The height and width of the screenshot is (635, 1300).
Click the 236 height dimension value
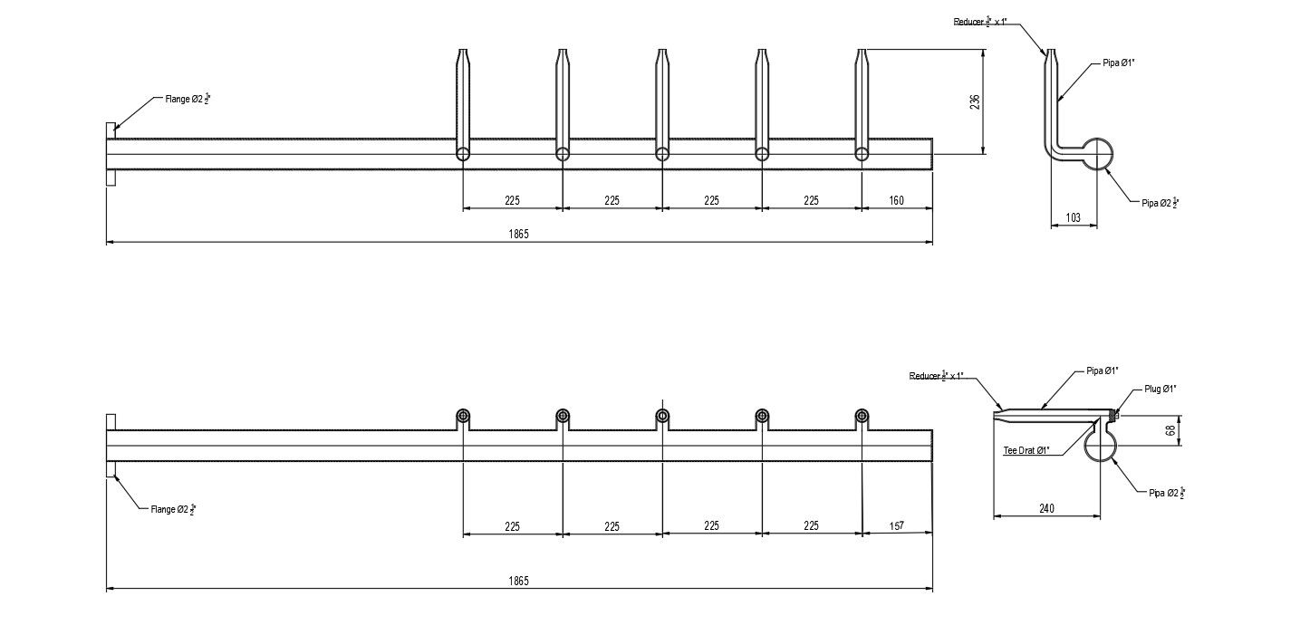coord(975,101)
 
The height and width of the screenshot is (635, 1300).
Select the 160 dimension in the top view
coord(896,200)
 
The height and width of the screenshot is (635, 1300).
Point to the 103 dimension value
coord(1074,217)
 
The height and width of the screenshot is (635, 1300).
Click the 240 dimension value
coord(1046,509)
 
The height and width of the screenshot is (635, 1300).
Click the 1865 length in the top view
coord(518,234)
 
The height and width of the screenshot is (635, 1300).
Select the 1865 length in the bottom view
coord(518,581)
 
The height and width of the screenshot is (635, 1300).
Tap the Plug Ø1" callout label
coord(1160,389)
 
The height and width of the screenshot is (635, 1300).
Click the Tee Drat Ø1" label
coord(1026,450)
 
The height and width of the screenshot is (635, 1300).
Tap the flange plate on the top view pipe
coord(111,154)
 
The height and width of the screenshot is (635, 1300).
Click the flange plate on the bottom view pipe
coord(111,446)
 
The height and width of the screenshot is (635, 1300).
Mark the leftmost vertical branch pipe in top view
coord(463,100)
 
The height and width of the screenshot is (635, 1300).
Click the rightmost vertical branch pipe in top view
coord(862,100)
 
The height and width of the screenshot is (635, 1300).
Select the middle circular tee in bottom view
coord(662,416)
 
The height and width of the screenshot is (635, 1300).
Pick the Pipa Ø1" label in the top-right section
coord(1119,62)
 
